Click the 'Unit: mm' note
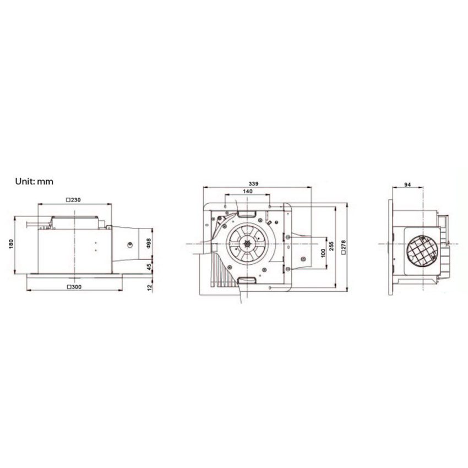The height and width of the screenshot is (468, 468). tap(35, 181)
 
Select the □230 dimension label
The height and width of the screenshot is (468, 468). tap(73, 200)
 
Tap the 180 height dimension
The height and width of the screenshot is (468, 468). tap(11, 244)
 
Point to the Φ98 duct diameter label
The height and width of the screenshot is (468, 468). tap(149, 243)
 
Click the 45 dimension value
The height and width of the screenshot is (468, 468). tap(149, 267)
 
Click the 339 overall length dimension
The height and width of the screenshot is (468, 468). tap(254, 183)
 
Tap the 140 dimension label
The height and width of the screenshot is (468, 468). tap(248, 191)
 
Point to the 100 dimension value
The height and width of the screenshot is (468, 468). tap(323, 255)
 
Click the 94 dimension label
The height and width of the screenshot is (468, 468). tap(407, 185)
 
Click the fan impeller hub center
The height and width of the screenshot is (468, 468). tap(249, 243)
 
